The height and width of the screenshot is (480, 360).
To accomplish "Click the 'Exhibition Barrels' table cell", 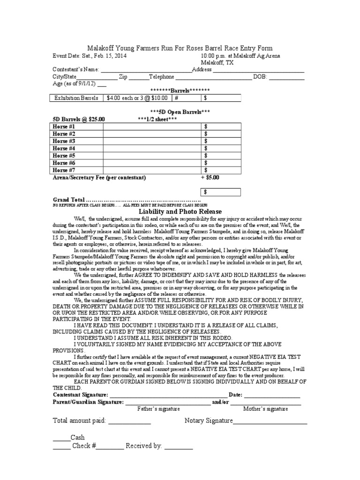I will point(76,98).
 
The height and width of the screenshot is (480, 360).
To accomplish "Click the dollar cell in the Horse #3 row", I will point(221,141).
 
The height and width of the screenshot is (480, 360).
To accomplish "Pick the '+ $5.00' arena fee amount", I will point(210,178).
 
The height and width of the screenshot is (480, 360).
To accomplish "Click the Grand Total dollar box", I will point(221,192).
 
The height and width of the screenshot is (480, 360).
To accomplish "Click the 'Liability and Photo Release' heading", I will point(180,212).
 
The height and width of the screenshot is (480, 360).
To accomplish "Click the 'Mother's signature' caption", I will point(265,409).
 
